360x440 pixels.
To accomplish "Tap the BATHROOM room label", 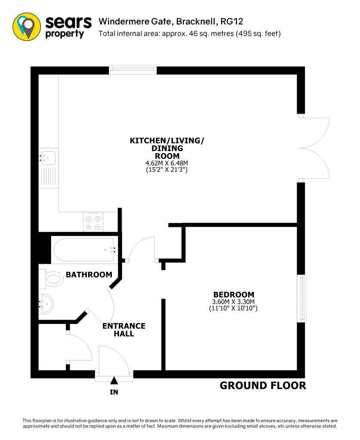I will coord(89,275).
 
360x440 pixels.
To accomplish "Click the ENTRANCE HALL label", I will coord(124,330).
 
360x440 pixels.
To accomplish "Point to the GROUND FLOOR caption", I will coord(263,385).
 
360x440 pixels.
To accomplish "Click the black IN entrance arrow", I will coord(114,380).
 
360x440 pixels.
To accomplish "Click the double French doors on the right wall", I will coord(314,147).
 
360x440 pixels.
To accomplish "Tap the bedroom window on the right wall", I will coord(303,298).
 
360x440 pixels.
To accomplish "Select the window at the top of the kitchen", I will coord(132,70).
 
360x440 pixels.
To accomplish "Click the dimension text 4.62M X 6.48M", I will coord(167,163).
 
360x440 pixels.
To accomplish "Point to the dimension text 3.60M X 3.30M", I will coord(233,301).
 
